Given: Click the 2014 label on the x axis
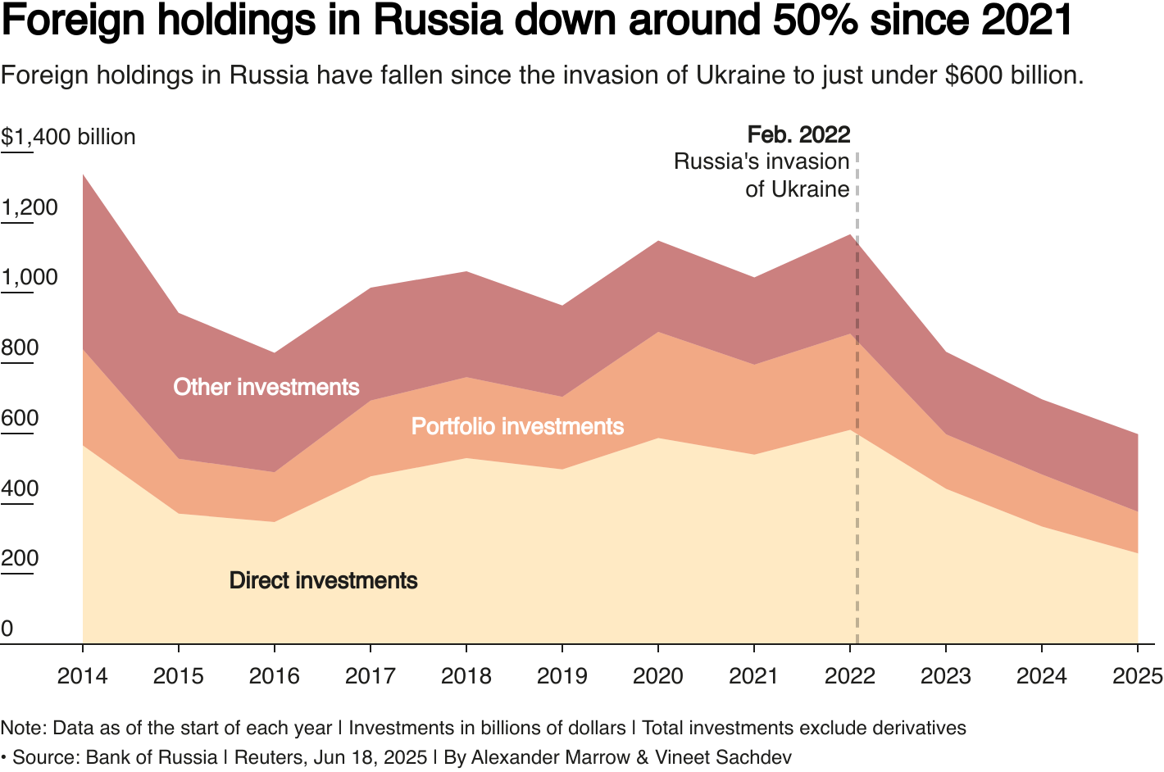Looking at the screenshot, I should [x=83, y=676].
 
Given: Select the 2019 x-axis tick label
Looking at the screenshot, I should [x=562, y=676].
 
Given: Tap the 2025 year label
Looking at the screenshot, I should [x=1137, y=676].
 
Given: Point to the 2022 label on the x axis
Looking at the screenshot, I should [x=849, y=676].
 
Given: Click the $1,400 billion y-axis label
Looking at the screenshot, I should [x=68, y=137].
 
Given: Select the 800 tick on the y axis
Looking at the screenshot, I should [x=20, y=348].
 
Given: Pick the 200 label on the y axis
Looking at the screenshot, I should [x=20, y=559].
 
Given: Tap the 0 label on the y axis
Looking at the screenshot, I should [x=7, y=629].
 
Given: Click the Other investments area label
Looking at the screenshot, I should [x=266, y=387].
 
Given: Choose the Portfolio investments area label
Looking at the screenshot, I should [x=517, y=426].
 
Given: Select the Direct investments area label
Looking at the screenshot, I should [x=323, y=580].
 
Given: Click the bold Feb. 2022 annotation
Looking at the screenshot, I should [x=798, y=134].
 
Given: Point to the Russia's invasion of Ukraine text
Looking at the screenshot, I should [x=762, y=175].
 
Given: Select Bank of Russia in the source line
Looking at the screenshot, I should [x=152, y=756].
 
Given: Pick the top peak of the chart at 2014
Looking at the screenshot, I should [x=84, y=175].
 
